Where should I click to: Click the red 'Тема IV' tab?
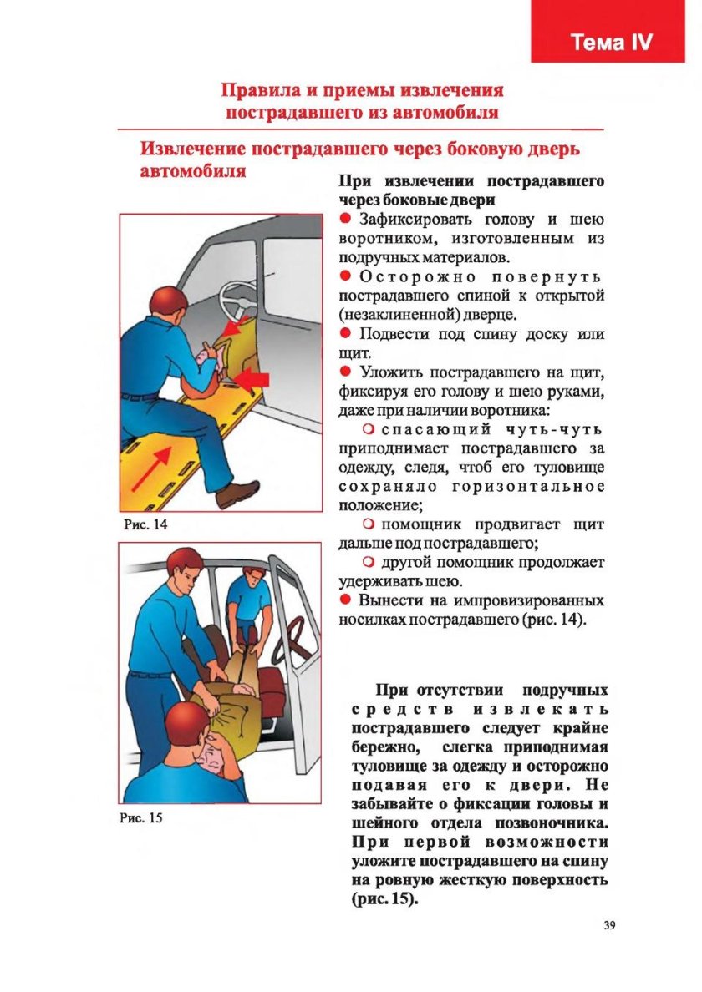tap(612, 43)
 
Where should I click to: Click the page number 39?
tap(608, 924)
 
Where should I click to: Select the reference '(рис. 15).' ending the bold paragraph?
tap(379, 902)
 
